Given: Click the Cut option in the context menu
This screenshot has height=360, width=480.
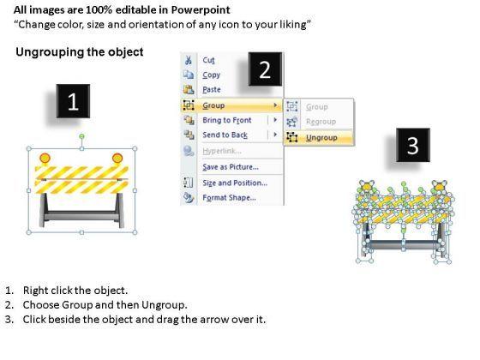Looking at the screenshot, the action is click(x=208, y=60).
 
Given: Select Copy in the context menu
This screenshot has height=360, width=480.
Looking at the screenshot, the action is click(x=211, y=75).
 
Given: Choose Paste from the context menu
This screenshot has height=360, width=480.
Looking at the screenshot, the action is click(x=212, y=90).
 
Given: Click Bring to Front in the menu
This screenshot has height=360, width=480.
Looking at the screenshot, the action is click(x=227, y=120).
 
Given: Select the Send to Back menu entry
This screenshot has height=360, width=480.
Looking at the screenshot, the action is click(x=225, y=135).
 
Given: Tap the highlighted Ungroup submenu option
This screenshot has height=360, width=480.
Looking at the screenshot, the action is click(x=321, y=138).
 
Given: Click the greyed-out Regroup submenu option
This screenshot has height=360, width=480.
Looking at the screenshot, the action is click(x=321, y=122).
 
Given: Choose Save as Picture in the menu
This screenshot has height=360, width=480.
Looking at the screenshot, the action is click(x=231, y=167).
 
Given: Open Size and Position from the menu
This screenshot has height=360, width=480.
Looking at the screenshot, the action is click(x=235, y=183).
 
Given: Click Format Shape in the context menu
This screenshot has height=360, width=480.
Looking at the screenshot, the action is click(x=230, y=198).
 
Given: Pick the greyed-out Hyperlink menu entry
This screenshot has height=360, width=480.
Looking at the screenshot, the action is click(x=222, y=151).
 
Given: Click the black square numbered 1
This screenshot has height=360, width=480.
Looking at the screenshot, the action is click(x=73, y=101).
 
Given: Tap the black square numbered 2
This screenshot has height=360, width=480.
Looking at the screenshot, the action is click(x=265, y=69).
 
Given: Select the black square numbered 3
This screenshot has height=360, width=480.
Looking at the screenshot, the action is click(x=413, y=145).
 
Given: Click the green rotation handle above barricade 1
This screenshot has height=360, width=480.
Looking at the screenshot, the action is click(x=81, y=136).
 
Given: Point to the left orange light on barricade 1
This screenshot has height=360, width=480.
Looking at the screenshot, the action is click(x=45, y=159).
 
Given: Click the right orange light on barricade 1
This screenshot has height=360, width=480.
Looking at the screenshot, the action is click(x=117, y=159).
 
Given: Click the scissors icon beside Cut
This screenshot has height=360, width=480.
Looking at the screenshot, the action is click(x=189, y=60).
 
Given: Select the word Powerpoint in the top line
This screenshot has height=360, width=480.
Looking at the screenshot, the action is click(x=201, y=10).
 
